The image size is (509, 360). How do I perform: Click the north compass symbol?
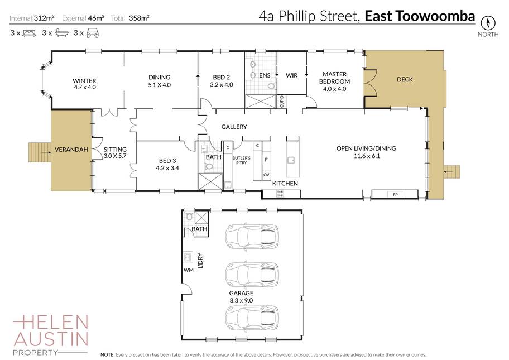(x=488, y=22)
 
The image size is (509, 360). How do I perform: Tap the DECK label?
(x=405, y=79)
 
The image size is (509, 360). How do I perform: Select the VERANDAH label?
(x=71, y=150)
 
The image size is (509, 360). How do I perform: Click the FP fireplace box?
(x=395, y=194)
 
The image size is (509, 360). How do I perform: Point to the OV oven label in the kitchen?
(x=266, y=175)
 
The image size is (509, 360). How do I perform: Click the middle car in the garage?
(x=252, y=274)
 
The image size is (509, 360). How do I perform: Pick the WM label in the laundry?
(x=188, y=270)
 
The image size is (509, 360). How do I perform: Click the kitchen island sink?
(x=291, y=160)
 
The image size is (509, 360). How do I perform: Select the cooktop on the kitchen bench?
(x=280, y=194)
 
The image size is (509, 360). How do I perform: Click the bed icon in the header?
(x=29, y=33)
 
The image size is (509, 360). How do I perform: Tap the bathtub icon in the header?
(x=61, y=32)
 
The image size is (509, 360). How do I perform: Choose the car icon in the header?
(x=93, y=33)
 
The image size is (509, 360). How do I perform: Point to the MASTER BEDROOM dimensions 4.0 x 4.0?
(x=334, y=89)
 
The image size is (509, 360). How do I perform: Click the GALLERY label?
(x=234, y=127)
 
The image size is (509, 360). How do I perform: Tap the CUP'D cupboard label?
(x=281, y=101)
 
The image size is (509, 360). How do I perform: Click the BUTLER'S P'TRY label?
(x=241, y=160)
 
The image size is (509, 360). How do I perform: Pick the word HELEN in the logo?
(x=51, y=322)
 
